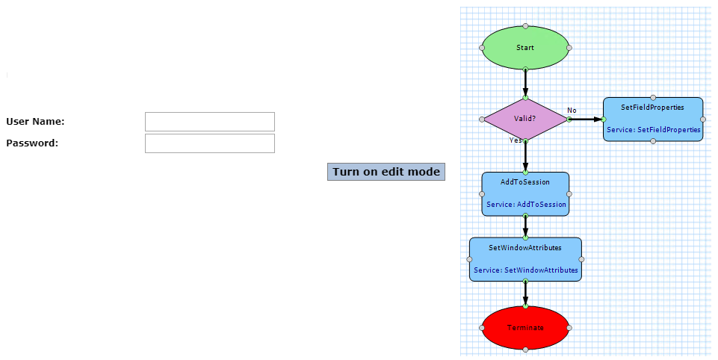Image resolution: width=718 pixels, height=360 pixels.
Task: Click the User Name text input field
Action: tap(210, 122)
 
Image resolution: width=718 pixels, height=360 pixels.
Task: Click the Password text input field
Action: tap(210, 143)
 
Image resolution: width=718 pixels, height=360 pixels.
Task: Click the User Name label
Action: tap(35, 122)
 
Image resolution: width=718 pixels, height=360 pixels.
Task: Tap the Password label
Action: tap(32, 143)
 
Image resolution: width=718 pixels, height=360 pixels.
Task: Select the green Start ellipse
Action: tap(525, 48)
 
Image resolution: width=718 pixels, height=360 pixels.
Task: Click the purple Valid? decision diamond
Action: tap(525, 119)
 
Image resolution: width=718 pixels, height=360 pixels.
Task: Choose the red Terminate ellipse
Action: tap(525, 328)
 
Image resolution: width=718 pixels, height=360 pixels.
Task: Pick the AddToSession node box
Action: tap(525, 194)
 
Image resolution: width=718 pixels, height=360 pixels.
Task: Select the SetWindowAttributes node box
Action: tap(525, 259)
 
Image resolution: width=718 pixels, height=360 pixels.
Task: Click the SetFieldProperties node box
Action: tap(653, 120)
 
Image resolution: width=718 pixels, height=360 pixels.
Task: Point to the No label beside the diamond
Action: tap(572, 111)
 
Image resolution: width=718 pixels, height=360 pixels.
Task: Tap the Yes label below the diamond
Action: tap(515, 140)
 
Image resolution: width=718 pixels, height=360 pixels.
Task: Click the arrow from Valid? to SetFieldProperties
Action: tap(586, 119)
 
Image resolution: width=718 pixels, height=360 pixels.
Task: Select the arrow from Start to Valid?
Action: tap(525, 84)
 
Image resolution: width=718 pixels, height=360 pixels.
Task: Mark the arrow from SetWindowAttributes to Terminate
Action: tap(525, 294)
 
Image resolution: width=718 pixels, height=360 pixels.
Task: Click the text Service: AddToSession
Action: tap(526, 205)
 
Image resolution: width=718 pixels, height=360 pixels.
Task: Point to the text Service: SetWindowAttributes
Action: tap(526, 270)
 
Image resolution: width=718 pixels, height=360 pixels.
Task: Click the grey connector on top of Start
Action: tap(525, 26)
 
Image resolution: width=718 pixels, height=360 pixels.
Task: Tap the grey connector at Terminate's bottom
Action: tap(525, 350)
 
